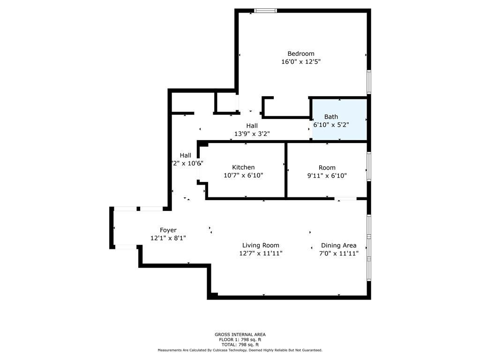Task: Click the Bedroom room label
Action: pos(301,53)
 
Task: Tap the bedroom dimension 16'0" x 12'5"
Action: pos(301,61)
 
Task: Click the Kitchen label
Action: pos(243,167)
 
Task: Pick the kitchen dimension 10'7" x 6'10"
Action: pos(243,175)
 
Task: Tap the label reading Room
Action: pos(327,167)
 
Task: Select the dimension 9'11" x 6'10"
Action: pos(327,175)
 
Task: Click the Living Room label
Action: pos(261,245)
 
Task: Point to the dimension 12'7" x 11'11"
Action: pos(261,253)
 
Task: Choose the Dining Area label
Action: pos(338,245)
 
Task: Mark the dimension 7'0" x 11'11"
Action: pos(339,253)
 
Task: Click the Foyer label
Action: pos(168,230)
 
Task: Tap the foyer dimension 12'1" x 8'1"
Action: pos(168,238)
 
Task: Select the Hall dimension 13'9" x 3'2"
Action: pos(252,134)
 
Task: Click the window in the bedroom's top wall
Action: pos(265,11)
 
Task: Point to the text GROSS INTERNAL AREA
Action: pos(240,334)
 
